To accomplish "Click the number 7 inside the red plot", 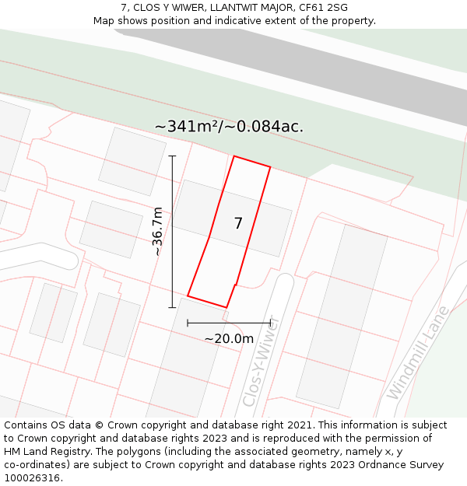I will point(238,224).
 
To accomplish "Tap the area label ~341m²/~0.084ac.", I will point(229,126).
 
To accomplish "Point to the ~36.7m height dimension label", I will point(157,231).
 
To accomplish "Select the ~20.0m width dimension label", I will point(229,338).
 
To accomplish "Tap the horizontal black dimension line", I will point(229,322).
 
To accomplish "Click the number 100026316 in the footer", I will point(31,477).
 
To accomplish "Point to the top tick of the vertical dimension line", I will point(172,156).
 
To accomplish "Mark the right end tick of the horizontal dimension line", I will point(270,322).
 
